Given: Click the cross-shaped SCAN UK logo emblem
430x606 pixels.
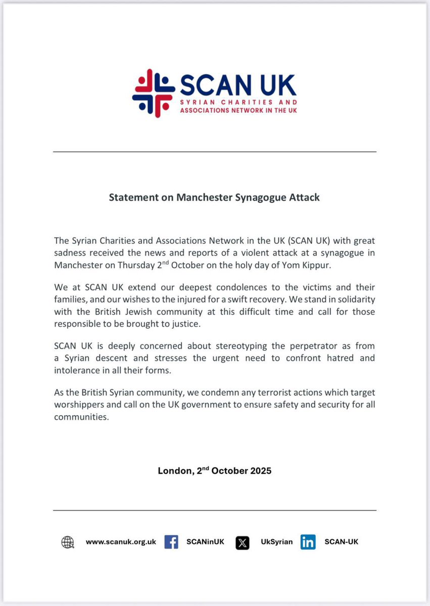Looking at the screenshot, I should [x=154, y=93].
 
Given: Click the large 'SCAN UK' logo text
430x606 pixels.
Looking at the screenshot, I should [x=238, y=85].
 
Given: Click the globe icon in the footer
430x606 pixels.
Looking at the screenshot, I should [x=67, y=542].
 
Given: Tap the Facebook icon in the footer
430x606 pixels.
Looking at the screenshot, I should [x=171, y=542].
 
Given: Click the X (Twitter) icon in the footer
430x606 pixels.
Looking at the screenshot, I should [x=243, y=543].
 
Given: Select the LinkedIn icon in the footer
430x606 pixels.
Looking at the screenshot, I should [x=308, y=542].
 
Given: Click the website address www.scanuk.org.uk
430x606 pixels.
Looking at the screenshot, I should [x=121, y=542].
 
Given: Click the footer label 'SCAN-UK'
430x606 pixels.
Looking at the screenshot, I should [x=342, y=542].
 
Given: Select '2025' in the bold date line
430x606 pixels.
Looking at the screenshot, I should [x=261, y=471].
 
